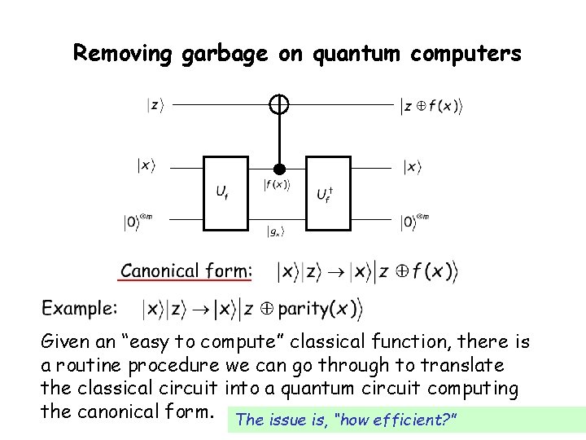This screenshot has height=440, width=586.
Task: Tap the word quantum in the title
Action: point(354,54)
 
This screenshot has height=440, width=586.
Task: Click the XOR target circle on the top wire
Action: point(279,104)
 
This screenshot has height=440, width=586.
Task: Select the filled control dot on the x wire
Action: point(279,169)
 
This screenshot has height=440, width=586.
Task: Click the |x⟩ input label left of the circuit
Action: point(146,166)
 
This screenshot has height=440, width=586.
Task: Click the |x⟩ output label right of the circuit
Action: point(413,167)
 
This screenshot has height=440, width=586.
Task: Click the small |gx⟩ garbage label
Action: point(276,232)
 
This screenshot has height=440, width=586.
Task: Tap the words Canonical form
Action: point(186,271)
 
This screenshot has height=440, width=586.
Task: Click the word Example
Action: point(80,309)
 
